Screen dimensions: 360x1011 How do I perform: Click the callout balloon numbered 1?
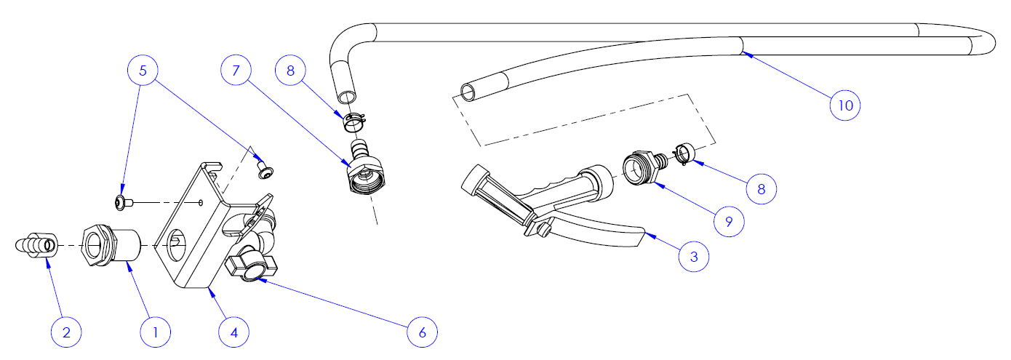click(155, 332)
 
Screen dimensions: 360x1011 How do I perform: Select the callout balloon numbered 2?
click(67, 332)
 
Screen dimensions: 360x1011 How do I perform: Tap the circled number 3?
click(694, 257)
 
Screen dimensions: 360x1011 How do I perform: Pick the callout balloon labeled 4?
click(234, 332)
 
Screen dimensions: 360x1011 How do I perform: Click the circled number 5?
click(143, 71)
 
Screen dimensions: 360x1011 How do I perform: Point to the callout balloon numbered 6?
click(423, 332)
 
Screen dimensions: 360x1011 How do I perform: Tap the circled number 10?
click(845, 105)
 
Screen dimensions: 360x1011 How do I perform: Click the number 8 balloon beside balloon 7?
click(290, 71)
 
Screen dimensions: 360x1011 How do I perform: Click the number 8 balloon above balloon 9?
click(762, 188)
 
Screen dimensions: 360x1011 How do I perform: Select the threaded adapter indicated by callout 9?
click(642, 167)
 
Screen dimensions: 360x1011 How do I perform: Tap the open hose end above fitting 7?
click(347, 96)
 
